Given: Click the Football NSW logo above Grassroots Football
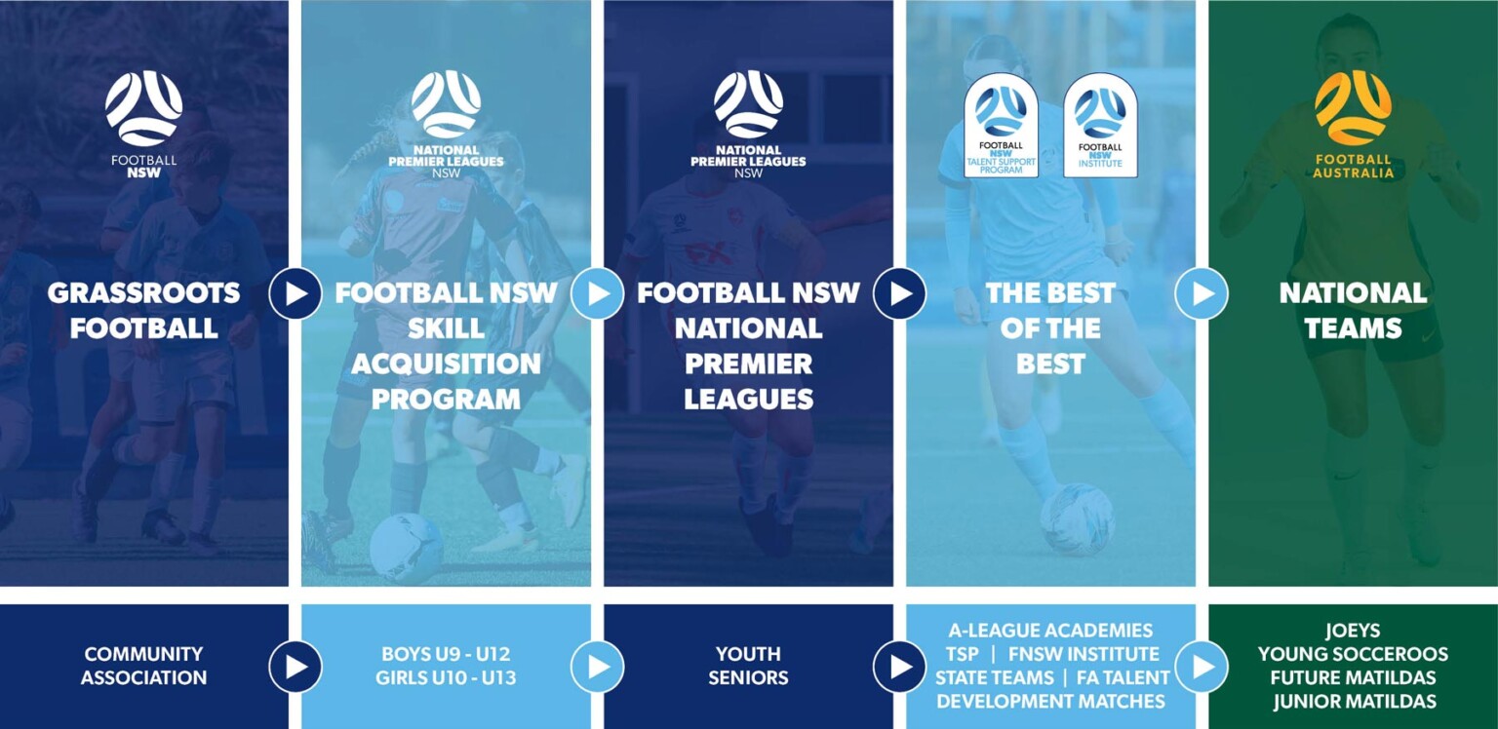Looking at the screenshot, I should pyautogui.click(x=143, y=109).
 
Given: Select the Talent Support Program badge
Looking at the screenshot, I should pyautogui.click(x=1002, y=128).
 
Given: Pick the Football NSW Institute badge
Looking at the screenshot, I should pyautogui.click(x=1100, y=128).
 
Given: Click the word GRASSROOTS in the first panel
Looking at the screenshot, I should pyautogui.click(x=143, y=293).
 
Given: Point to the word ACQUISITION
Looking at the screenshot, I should pyautogui.click(x=446, y=364).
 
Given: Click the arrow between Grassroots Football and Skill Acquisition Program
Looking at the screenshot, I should pyautogui.click(x=296, y=293).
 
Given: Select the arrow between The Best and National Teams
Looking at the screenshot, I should pyautogui.click(x=1202, y=293).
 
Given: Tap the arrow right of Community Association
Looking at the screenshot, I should pyautogui.click(x=296, y=667).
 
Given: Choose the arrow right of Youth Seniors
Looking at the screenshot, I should pyautogui.click(x=899, y=667).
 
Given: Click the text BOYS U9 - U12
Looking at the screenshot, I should pyautogui.click(x=446, y=655).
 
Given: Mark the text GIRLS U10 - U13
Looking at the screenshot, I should pyautogui.click(x=446, y=678).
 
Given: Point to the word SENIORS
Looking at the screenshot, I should pyautogui.click(x=748, y=678).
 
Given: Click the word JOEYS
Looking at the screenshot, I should pyautogui.click(x=1353, y=632).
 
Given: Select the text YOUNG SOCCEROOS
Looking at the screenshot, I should pyautogui.click(x=1353, y=655).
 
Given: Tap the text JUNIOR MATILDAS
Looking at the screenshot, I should pyautogui.click(x=1353, y=702).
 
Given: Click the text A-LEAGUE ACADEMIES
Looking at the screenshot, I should pyautogui.click(x=1050, y=632).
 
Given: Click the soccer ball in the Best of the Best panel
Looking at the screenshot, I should pyautogui.click(x=1077, y=518).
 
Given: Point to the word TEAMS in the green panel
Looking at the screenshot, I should pyautogui.click(x=1353, y=329).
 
